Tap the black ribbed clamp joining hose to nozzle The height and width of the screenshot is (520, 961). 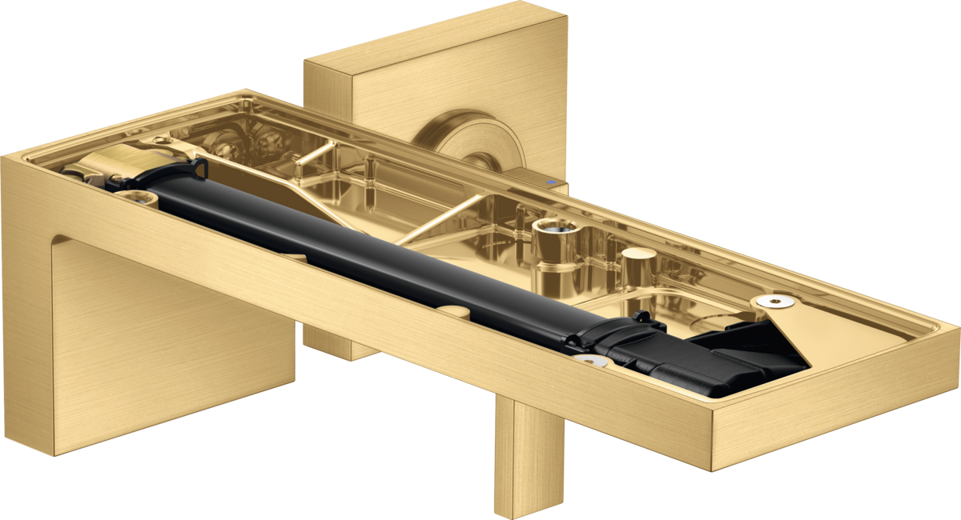tap(617, 336)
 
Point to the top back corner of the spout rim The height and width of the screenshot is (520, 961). tap(245, 90)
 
